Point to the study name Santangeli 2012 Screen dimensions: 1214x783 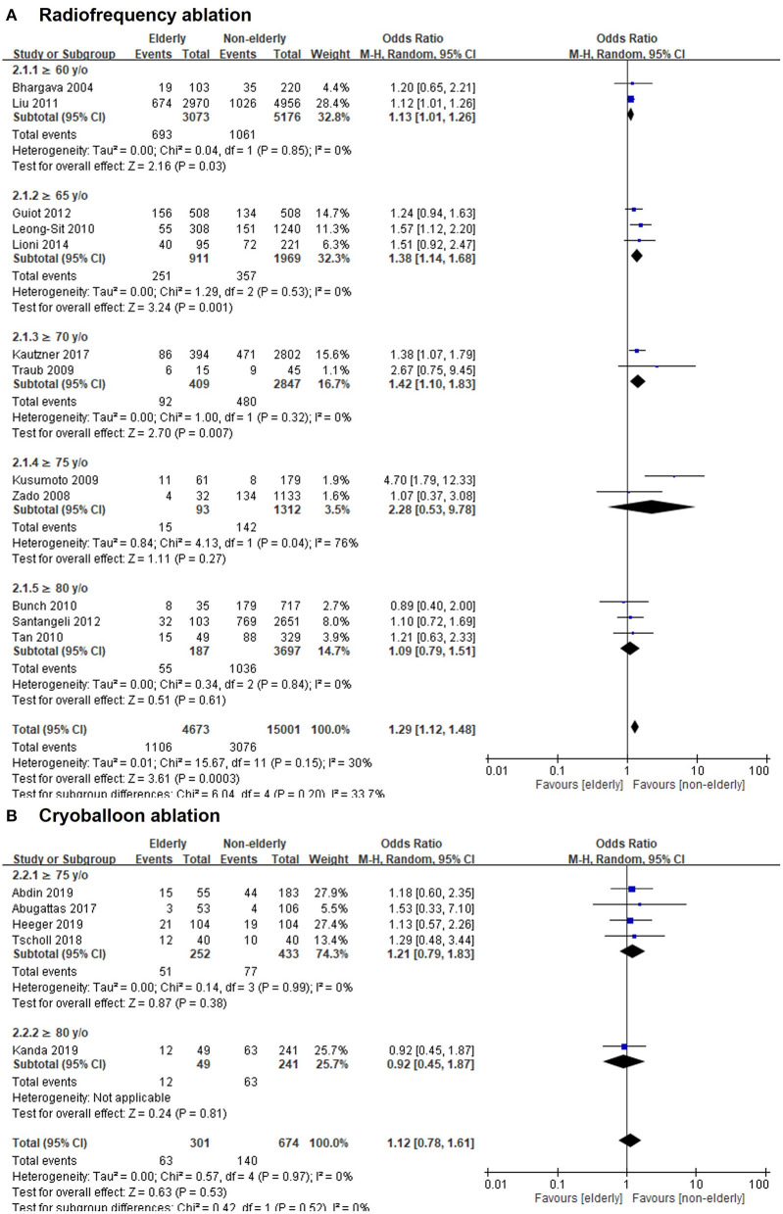click(x=52, y=618)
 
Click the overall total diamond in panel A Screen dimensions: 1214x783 click(x=634, y=726)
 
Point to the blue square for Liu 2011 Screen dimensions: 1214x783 click(x=630, y=99)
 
